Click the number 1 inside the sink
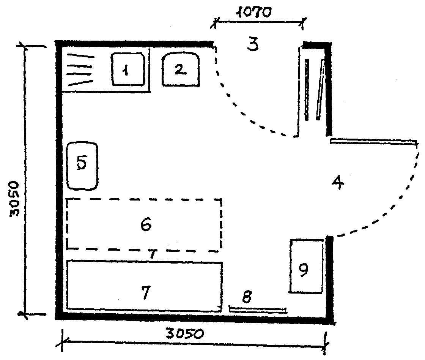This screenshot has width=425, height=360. click(125, 71)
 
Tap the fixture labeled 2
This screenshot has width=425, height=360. click(181, 70)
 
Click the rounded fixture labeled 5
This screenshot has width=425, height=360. click(82, 165)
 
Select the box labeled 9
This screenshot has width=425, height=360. click(306, 266)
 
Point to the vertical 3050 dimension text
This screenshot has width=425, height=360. click(14, 199)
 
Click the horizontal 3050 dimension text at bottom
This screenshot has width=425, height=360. click(186, 334)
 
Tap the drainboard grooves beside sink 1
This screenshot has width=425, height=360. click(80, 70)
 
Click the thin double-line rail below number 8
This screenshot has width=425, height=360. click(258, 310)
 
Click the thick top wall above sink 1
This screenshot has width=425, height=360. click(134, 43)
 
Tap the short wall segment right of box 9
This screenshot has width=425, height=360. click(330, 279)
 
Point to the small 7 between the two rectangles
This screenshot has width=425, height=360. click(153, 255)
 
